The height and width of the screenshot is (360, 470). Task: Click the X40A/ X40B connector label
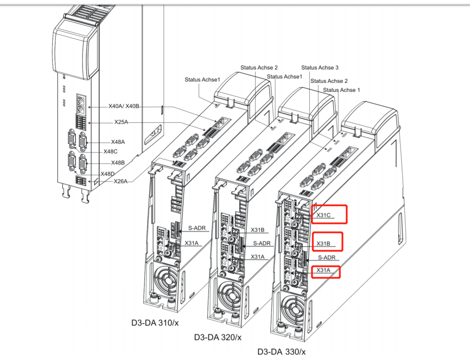pyautogui.click(x=124, y=106)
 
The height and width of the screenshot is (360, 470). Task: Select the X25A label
pyautogui.click(x=121, y=122)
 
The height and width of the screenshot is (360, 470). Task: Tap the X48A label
pyautogui.click(x=118, y=142)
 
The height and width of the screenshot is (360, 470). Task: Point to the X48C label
pyautogui.click(x=110, y=151)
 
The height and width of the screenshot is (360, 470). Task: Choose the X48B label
pyautogui.click(x=118, y=163)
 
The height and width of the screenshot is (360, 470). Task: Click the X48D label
pyautogui.click(x=108, y=174)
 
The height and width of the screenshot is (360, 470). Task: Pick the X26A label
pyautogui.click(x=121, y=181)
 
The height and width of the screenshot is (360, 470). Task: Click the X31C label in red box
pyautogui.click(x=323, y=215)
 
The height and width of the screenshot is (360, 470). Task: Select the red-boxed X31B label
pyautogui.click(x=323, y=243)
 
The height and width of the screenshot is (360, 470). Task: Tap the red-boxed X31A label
pyautogui.click(x=323, y=270)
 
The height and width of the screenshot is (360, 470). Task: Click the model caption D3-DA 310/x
pyautogui.click(x=155, y=323)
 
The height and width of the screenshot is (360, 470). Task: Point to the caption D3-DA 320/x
pyautogui.click(x=218, y=337)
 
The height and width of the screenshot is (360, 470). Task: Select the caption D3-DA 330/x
pyautogui.click(x=281, y=351)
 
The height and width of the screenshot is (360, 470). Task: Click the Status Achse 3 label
pyautogui.click(x=320, y=67)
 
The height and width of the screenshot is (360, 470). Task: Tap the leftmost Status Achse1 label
pyautogui.click(x=202, y=79)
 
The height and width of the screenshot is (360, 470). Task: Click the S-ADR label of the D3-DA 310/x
pyautogui.click(x=197, y=228)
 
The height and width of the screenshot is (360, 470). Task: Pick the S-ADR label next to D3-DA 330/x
pyautogui.click(x=327, y=257)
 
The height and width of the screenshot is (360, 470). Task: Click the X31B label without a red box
pyautogui.click(x=257, y=230)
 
